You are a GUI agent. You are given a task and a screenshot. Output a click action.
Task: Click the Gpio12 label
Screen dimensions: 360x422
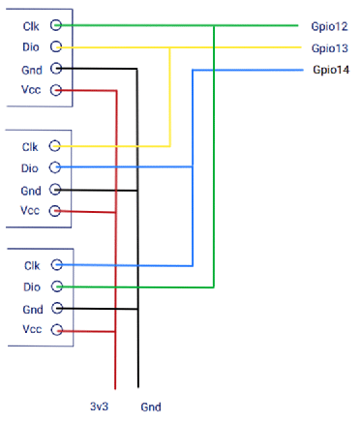click(329, 26)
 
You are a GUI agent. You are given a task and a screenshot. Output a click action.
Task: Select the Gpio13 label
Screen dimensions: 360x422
click(330, 48)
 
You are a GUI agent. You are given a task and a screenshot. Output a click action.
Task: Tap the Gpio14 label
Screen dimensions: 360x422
click(331, 70)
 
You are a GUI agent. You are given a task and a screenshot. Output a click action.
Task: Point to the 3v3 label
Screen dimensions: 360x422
click(99, 407)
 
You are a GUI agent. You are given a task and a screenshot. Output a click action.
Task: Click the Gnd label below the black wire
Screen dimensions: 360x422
click(151, 407)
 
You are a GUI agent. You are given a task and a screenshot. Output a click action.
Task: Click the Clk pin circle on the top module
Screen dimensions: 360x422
click(56, 25)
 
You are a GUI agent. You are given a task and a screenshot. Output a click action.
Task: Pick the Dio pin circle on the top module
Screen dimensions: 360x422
click(56, 46)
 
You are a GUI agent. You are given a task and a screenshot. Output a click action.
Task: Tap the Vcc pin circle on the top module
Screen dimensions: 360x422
click(56, 90)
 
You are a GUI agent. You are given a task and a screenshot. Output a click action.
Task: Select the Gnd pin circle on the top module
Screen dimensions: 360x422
click(56, 69)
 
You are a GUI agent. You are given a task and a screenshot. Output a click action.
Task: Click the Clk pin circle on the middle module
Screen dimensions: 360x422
click(55, 146)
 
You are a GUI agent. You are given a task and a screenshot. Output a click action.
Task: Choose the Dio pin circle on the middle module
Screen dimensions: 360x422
click(55, 167)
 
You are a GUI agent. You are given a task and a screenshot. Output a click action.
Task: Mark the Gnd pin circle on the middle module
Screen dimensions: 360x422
click(55, 190)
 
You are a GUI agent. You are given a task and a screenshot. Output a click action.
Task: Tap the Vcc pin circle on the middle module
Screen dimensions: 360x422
click(55, 211)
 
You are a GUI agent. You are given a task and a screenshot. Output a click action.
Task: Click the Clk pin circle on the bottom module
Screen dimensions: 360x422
click(57, 265)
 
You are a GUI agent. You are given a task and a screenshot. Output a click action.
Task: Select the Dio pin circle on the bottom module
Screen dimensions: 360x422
click(57, 286)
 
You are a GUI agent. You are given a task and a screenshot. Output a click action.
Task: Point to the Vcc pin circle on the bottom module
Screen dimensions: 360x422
click(57, 329)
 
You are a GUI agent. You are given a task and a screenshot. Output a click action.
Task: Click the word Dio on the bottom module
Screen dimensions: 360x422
click(32, 286)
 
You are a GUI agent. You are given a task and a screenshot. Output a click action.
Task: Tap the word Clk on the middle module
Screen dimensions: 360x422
click(30, 147)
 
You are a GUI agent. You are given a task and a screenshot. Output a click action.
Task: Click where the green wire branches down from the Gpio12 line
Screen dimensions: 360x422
click(214, 25)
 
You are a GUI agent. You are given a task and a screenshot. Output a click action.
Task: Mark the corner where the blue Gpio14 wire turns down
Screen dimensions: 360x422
click(193, 70)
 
